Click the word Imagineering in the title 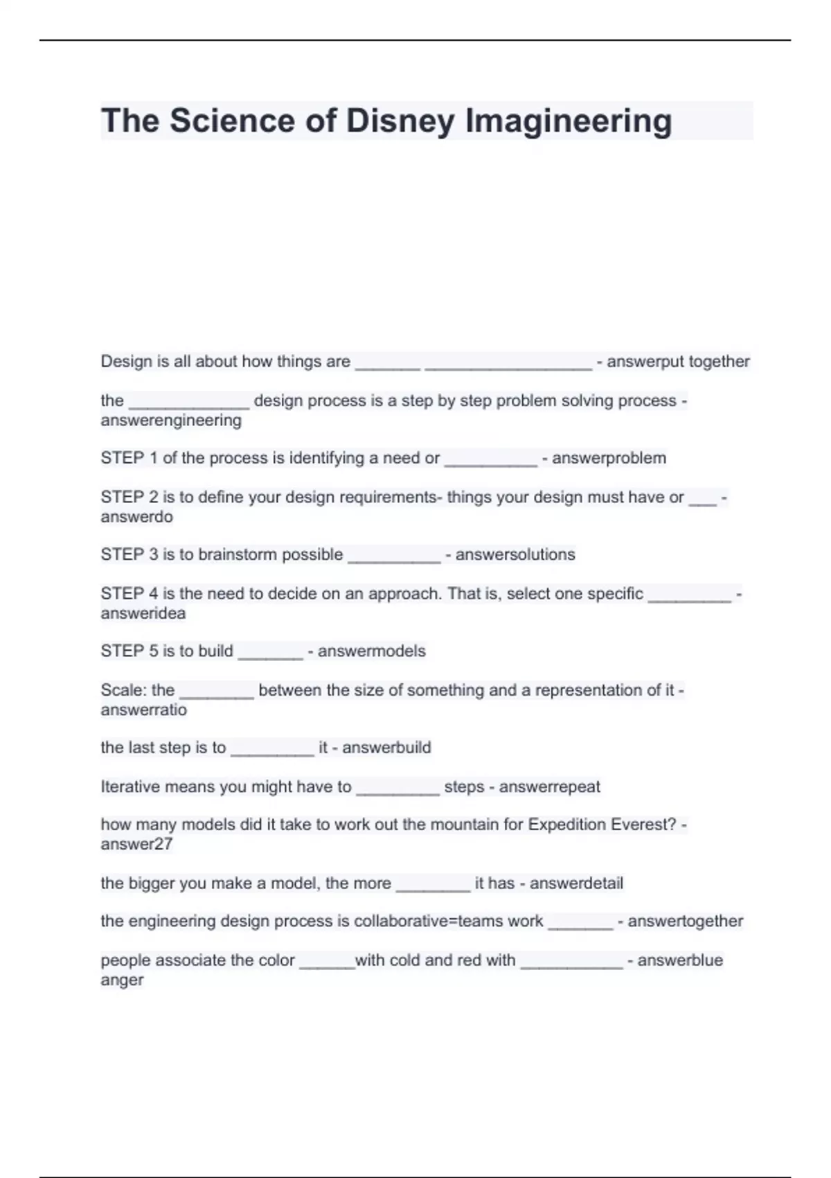[x=568, y=121]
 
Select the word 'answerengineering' [x=171, y=421]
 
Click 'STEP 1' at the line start [x=129, y=458]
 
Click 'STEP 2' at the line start [x=129, y=498]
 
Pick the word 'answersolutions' [x=515, y=554]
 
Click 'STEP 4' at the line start [x=129, y=594]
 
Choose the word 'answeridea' [x=143, y=613]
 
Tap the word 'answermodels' [x=371, y=651]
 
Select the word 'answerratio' [x=143, y=710]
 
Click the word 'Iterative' [x=129, y=786]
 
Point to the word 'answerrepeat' [x=549, y=786]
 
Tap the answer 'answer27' [x=136, y=844]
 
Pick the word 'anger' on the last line [x=122, y=980]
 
